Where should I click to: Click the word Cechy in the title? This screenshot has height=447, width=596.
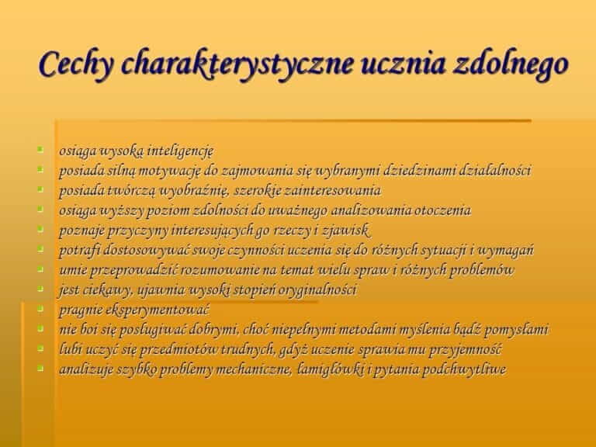[x=76, y=64]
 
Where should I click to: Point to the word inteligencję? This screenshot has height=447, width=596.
[x=180, y=151]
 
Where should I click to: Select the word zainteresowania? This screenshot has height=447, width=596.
[x=333, y=190]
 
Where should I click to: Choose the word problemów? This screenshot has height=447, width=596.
[x=481, y=270]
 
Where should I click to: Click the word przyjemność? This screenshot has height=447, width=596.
[x=466, y=350]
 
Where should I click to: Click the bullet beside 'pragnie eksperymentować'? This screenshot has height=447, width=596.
[x=40, y=308]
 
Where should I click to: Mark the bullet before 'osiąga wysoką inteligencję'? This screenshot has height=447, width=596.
[x=40, y=149]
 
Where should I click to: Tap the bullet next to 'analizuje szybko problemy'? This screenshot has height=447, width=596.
[x=40, y=368]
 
